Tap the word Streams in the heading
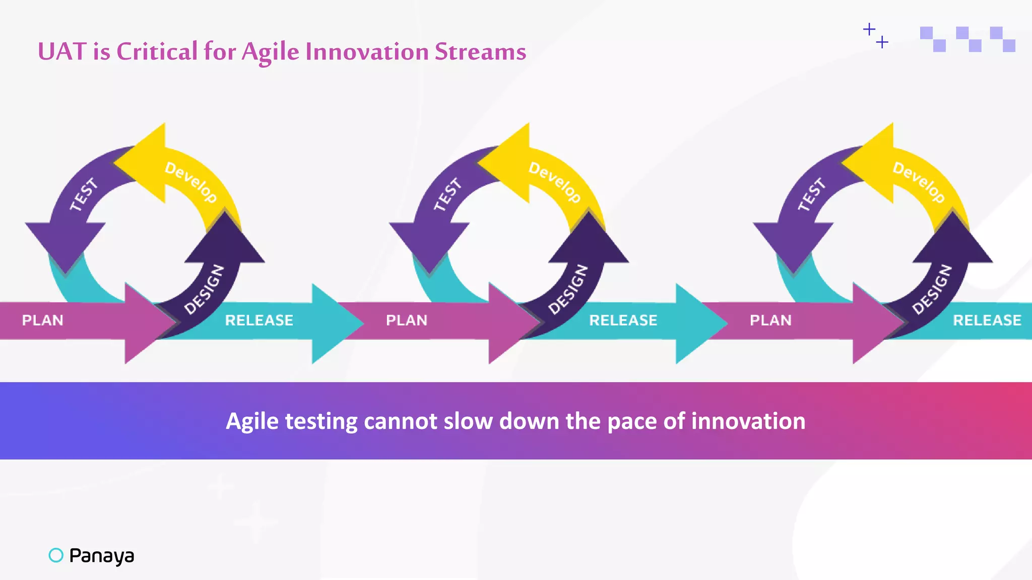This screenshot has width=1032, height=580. [480, 51]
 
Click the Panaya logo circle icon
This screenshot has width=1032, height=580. [56, 555]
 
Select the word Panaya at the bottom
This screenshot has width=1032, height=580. [101, 555]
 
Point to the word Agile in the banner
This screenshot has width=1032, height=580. [252, 422]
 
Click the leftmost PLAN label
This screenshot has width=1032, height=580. [43, 320]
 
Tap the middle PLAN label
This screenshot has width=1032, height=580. [407, 320]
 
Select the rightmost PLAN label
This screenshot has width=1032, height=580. [770, 320]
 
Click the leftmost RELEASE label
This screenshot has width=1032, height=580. [259, 320]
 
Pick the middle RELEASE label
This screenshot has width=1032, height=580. [623, 320]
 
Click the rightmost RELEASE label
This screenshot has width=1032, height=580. [987, 320]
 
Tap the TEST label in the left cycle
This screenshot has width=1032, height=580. [84, 194]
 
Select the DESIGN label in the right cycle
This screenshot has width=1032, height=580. [932, 289]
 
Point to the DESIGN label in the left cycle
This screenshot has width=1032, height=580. [204, 289]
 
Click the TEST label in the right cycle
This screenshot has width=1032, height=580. [811, 194]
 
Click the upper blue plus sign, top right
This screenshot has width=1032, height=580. [869, 29]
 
